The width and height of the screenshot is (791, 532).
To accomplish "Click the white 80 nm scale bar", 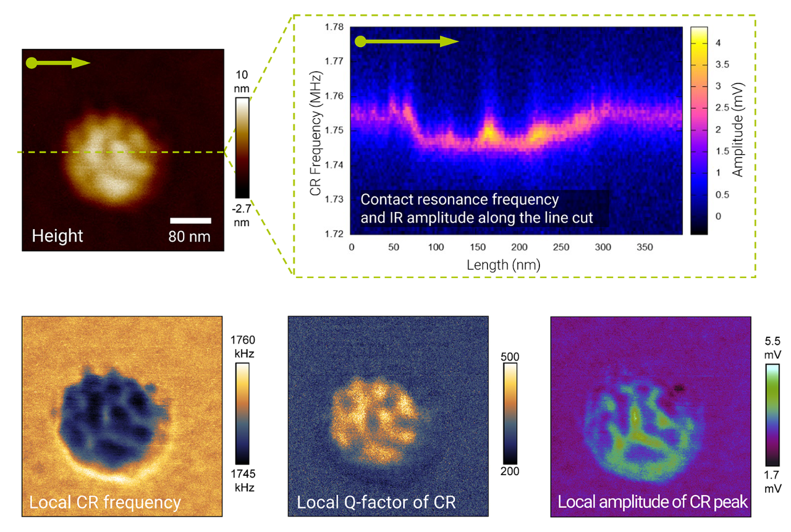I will (190, 221).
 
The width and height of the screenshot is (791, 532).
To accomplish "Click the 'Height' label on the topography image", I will (57, 235).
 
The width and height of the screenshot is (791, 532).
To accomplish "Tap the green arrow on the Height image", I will (59, 63).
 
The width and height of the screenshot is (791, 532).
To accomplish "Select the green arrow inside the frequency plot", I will (407, 42).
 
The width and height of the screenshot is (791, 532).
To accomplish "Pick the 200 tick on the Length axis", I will (519, 247).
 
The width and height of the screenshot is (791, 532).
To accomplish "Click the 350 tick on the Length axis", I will (645, 247).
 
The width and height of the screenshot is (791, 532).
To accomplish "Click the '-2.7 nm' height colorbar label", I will (242, 216).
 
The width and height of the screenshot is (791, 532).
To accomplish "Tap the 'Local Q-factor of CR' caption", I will (376, 502).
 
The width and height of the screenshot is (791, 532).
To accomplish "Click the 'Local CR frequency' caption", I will (105, 502).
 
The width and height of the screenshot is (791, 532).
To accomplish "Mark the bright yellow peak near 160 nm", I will (488, 131).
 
